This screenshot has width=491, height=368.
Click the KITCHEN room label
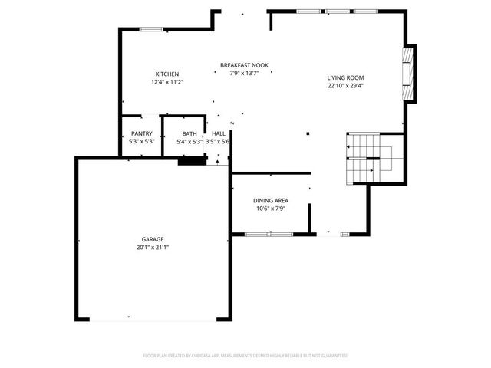click(167, 74)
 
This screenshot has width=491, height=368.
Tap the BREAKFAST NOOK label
click(244, 65)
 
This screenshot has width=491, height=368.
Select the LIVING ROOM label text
click(345, 77)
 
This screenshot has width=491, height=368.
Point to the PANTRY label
click(142, 133)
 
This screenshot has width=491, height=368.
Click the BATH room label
click(189, 133)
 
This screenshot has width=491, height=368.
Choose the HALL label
click(219, 133)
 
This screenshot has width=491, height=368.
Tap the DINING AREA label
click(271, 200)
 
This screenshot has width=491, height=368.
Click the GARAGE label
click(152, 239)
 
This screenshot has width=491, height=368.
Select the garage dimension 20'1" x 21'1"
click(152, 247)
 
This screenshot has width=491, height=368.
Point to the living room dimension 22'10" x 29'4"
click(345, 86)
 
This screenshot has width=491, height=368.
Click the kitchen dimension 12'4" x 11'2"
click(167, 81)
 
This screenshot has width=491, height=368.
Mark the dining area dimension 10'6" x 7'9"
click(271, 208)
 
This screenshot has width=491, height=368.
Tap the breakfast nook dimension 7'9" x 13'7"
click(244, 73)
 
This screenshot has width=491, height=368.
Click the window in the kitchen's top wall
click(151, 29)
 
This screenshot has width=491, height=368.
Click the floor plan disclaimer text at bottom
click(245, 355)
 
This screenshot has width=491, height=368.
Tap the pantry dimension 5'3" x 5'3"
click(142, 141)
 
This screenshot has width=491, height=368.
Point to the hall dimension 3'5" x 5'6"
click(219, 141)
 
